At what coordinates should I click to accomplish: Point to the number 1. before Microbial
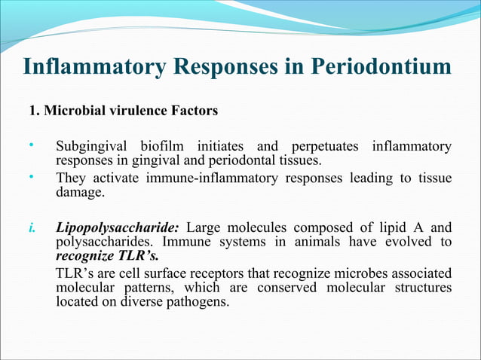pyautogui.click(x=34, y=111)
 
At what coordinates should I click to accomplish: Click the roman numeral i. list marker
pyautogui.click(x=33, y=227)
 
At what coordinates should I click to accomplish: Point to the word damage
pyautogui.click(x=80, y=193)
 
